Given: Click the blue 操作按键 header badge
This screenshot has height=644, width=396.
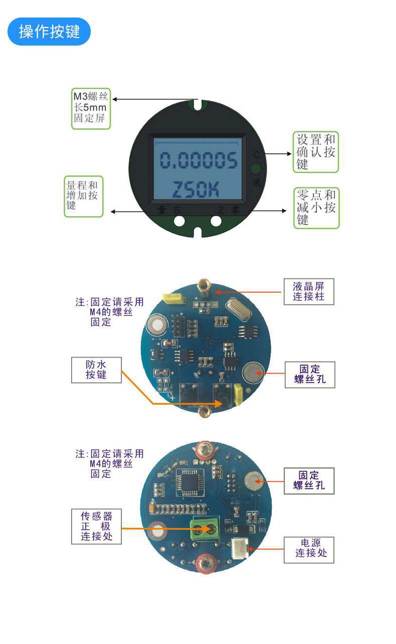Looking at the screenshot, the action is point(49,32).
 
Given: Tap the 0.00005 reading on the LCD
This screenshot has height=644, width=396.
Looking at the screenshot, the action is point(198,161).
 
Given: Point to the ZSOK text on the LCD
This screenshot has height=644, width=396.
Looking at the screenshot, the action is point(196,189).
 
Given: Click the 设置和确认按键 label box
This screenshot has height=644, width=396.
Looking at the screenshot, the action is point(315,152).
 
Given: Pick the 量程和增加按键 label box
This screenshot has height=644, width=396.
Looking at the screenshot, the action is point(83,196).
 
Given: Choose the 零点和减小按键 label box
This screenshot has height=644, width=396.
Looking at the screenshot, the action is point(316,208).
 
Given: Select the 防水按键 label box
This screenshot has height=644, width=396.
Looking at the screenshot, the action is point(96,370).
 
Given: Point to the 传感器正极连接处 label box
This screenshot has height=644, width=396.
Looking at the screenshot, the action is point(96,526).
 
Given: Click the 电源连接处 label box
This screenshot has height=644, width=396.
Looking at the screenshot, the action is point(309,549).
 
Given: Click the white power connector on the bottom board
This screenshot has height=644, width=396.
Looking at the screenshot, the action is point(240,548).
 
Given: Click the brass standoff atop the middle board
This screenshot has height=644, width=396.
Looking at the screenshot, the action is point(204,287).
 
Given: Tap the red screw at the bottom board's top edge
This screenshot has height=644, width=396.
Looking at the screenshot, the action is point(205,449).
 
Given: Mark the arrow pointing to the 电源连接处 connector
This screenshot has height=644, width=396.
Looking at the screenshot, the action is point(266,549).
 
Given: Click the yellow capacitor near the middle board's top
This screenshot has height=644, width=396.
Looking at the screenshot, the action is point(173,298).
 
